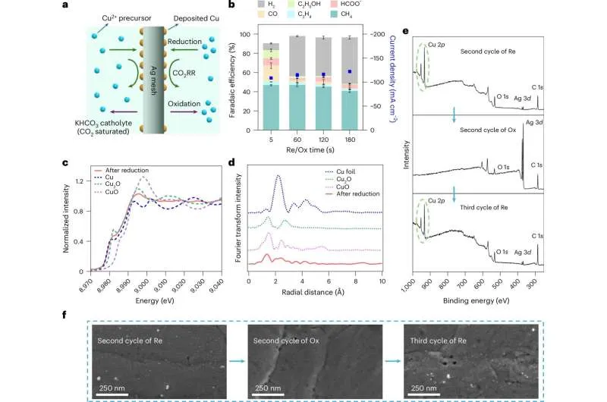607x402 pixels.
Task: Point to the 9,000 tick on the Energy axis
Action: [141, 280]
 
